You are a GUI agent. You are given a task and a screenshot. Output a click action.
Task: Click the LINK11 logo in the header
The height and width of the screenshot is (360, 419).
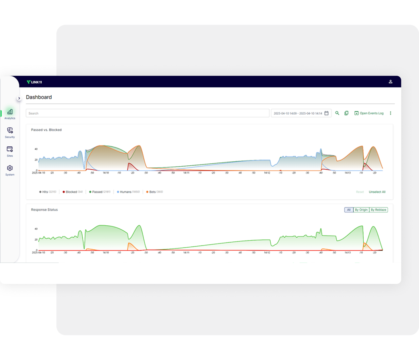click(34, 82)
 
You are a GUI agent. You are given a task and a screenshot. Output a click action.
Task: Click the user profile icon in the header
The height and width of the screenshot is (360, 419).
click(390, 82)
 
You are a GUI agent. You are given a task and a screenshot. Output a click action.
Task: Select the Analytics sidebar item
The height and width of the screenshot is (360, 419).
click(10, 113)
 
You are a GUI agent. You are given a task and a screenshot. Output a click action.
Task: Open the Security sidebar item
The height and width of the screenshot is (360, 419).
click(10, 132)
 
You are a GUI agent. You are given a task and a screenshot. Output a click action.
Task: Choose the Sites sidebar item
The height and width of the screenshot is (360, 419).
click(10, 151)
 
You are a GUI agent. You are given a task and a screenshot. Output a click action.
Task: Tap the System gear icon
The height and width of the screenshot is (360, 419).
click(10, 168)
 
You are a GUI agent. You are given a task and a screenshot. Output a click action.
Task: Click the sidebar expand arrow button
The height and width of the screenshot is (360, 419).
click(19, 98)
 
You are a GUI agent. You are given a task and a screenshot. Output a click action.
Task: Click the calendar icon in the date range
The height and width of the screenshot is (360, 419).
click(326, 113)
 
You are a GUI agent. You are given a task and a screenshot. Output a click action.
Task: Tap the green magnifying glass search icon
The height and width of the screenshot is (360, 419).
click(337, 113)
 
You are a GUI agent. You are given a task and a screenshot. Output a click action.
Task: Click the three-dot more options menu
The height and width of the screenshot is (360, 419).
click(390, 113)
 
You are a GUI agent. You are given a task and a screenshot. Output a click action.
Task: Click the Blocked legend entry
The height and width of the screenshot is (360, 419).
click(73, 192)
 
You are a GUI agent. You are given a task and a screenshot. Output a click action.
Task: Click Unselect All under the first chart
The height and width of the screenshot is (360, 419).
click(377, 192)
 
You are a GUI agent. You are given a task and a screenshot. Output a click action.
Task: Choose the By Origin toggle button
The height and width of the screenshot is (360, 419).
click(361, 210)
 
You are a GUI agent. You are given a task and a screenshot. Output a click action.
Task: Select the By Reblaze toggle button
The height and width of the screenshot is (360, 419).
click(378, 210)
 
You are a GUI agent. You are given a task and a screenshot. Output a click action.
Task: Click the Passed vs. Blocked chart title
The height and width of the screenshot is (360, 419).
click(46, 130)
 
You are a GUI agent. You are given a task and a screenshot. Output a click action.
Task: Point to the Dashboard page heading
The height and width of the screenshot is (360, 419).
click(39, 97)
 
